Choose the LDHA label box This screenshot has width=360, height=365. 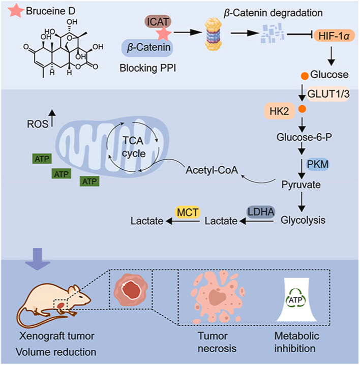pyautogui.click(x=260, y=209)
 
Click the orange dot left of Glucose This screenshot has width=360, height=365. pyautogui.click(x=305, y=76)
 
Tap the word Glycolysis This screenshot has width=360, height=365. pyautogui.click(x=303, y=221)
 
